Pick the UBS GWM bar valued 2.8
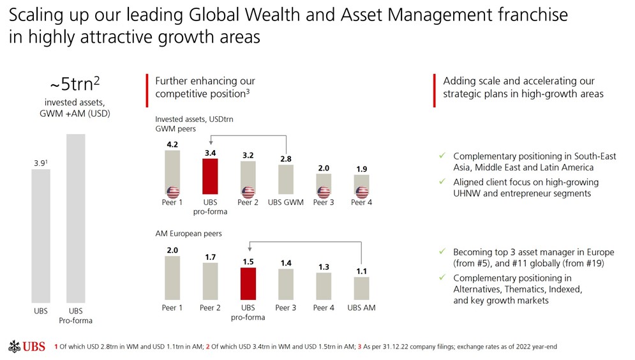(x=286, y=181)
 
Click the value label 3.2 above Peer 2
(x=248, y=155)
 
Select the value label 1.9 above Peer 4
(x=361, y=169)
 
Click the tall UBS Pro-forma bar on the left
(x=75, y=217)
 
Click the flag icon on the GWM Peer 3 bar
(x=324, y=192)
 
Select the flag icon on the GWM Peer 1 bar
(x=172, y=192)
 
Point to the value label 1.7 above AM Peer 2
(x=210, y=257)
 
